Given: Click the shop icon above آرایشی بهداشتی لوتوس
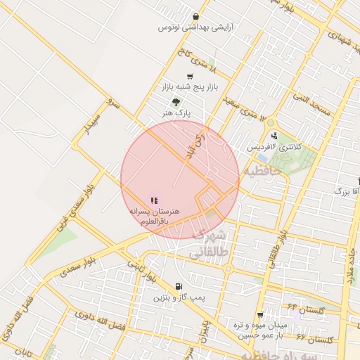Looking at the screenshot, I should tap(195, 18).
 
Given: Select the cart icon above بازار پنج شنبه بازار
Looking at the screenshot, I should tap(189, 77).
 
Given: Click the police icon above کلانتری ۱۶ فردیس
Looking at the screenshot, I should tap(274, 136).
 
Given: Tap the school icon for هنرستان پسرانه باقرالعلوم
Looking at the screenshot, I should tap(154, 200).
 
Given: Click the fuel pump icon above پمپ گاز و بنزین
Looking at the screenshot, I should tap(179, 287).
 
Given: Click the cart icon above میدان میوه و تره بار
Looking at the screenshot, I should tap(260, 314).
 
